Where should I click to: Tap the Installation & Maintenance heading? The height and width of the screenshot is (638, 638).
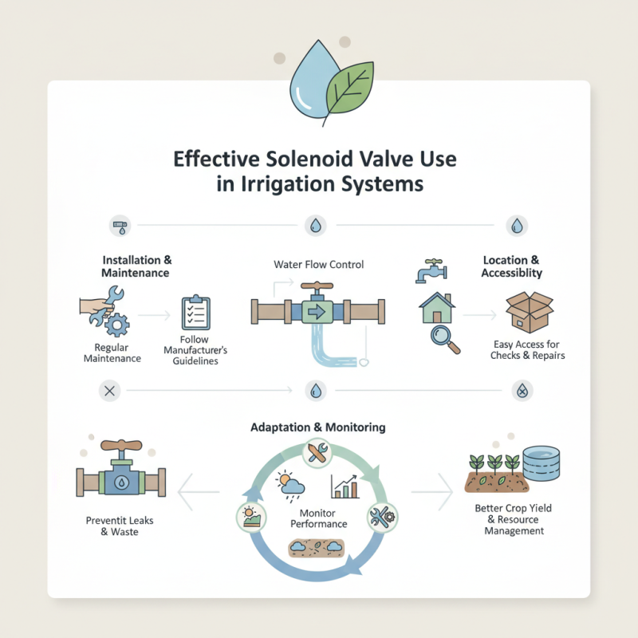(x=136, y=266)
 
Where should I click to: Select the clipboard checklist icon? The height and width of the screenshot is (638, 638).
(x=195, y=313)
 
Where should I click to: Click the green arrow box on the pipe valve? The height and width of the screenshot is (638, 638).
(x=318, y=311)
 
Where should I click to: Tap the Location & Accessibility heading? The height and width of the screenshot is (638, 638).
(x=511, y=266)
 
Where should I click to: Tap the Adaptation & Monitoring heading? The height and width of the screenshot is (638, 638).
(x=318, y=427)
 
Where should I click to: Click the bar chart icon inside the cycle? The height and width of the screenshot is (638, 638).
(x=344, y=486)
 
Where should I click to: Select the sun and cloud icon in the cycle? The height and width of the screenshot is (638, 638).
(x=288, y=484)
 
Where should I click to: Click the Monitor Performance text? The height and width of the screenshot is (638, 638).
(x=318, y=518)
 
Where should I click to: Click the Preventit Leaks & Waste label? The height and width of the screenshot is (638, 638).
(x=120, y=526)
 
